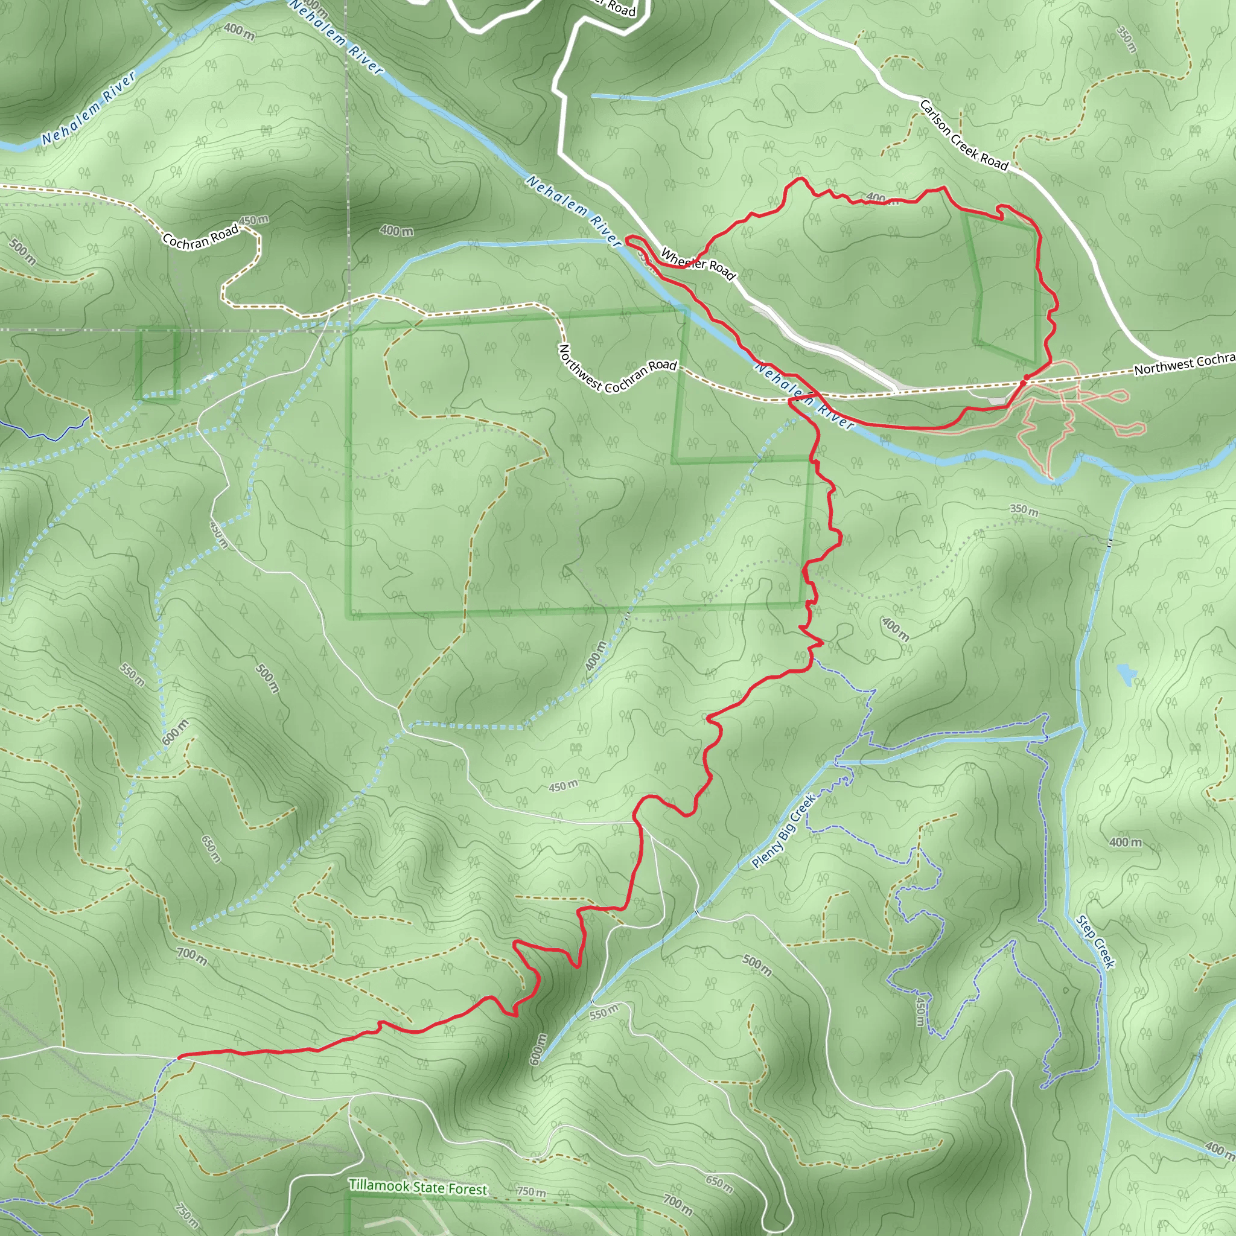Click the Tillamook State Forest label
click(418, 1187)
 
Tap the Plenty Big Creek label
click(784, 831)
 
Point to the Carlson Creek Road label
click(963, 135)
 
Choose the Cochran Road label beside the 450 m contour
click(200, 237)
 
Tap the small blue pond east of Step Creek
click(1126, 674)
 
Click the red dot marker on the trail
click(1024, 381)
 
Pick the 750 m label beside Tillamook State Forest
click(531, 1192)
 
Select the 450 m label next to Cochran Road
click(253, 220)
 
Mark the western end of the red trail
click(180, 1057)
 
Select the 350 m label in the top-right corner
click(1127, 39)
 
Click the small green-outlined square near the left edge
click(158, 363)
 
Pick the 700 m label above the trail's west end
click(192, 957)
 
